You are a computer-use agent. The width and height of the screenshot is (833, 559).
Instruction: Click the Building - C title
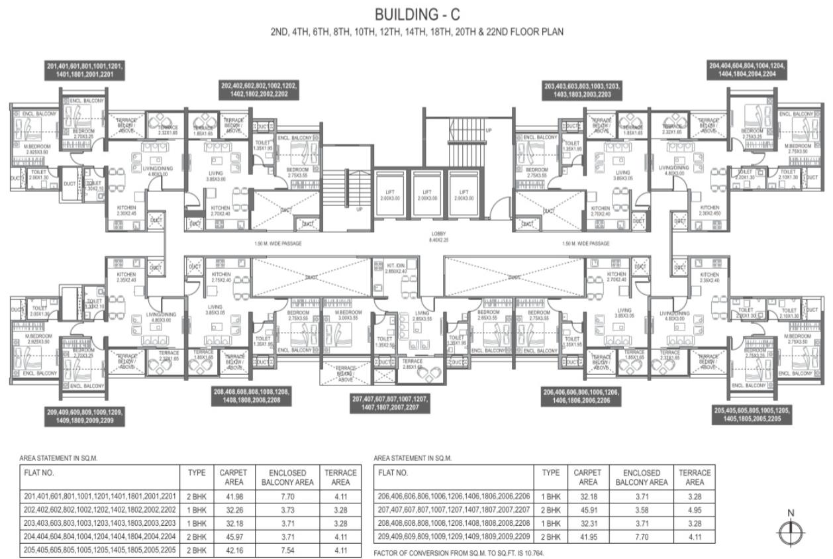[416, 14]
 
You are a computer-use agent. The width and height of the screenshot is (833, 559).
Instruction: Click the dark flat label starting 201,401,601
[85, 71]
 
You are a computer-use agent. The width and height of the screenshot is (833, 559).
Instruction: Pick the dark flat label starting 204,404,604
[746, 70]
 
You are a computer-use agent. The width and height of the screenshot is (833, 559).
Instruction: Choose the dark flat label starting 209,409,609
[84, 415]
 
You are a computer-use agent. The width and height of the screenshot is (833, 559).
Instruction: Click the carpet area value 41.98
[233, 497]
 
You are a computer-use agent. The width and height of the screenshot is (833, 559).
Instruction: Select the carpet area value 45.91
[588, 509]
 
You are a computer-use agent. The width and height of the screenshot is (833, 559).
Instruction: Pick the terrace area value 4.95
[694, 509]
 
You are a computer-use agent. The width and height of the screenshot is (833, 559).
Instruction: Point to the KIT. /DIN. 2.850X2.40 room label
[396, 268]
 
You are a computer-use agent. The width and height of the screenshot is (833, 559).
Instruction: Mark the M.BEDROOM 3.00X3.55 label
[348, 316]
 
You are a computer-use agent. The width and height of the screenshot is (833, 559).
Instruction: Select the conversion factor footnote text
[460, 552]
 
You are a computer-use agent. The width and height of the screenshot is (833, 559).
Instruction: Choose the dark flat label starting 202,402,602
[259, 90]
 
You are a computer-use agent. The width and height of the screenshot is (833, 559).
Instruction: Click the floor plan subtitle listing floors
[416, 31]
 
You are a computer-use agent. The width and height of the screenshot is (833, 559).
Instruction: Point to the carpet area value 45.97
[233, 536]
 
